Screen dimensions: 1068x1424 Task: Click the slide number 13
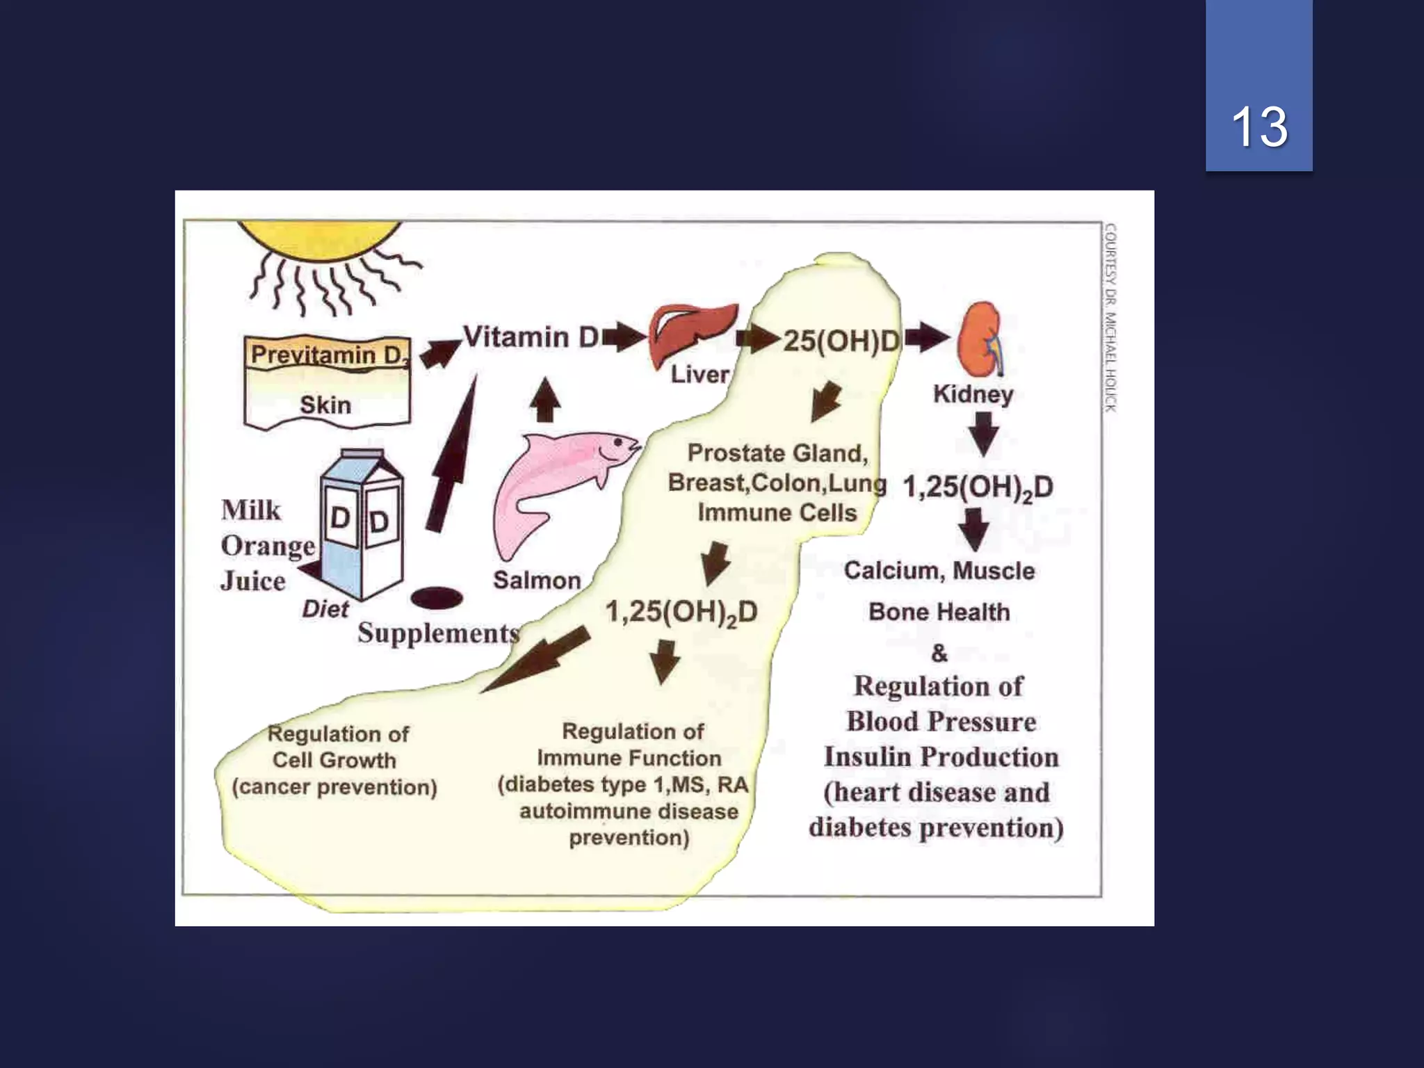tap(1259, 127)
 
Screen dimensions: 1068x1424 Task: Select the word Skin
tap(325, 405)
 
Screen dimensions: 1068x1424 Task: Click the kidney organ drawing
tap(980, 339)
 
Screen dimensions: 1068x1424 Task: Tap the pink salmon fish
tap(556, 480)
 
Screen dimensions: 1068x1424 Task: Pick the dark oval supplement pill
tap(437, 598)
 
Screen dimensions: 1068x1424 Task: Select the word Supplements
tap(438, 633)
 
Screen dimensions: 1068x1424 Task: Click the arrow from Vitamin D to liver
tap(624, 337)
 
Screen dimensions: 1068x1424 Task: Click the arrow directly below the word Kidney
tap(983, 434)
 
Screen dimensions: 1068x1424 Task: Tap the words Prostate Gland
tap(777, 453)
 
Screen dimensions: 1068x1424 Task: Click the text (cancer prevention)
tap(334, 787)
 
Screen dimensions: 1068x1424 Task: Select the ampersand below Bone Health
tap(939, 653)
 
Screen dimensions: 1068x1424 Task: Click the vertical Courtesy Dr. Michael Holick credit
tap(1110, 317)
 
